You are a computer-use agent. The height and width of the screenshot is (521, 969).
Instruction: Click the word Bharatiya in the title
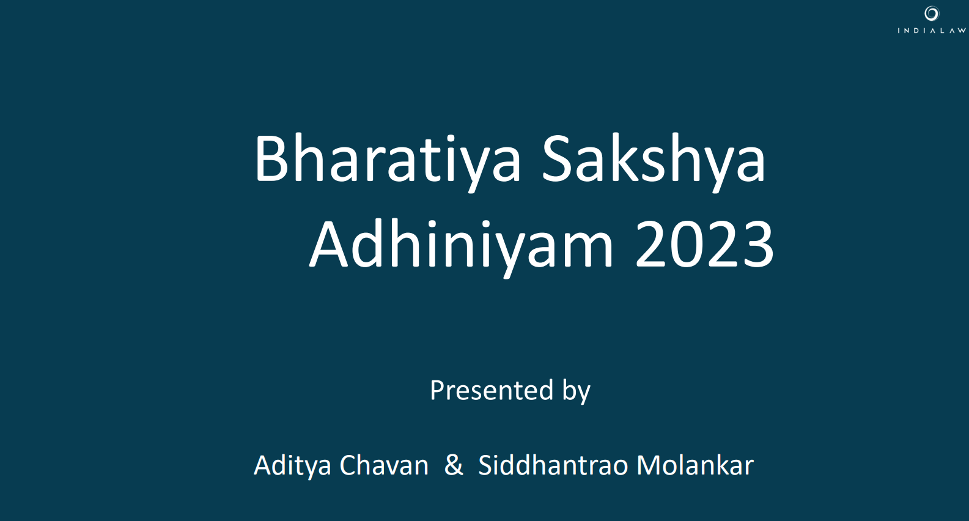[387, 161]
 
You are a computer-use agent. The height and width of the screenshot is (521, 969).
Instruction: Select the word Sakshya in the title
[654, 161]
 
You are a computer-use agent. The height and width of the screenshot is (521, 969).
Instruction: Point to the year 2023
[704, 245]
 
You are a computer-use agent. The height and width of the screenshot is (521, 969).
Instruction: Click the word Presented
[492, 390]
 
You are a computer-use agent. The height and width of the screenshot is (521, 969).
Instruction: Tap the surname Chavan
[384, 465]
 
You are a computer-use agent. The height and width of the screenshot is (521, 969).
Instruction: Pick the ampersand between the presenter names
[454, 465]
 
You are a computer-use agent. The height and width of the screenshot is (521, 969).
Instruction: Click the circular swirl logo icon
[932, 13]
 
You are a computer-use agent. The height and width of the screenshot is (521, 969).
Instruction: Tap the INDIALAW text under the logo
[932, 31]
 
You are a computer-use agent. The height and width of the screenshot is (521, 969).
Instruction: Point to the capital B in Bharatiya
[271, 159]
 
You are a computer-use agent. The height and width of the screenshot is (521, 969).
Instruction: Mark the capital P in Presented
[438, 391]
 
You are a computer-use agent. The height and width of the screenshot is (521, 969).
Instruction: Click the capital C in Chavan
[348, 465]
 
